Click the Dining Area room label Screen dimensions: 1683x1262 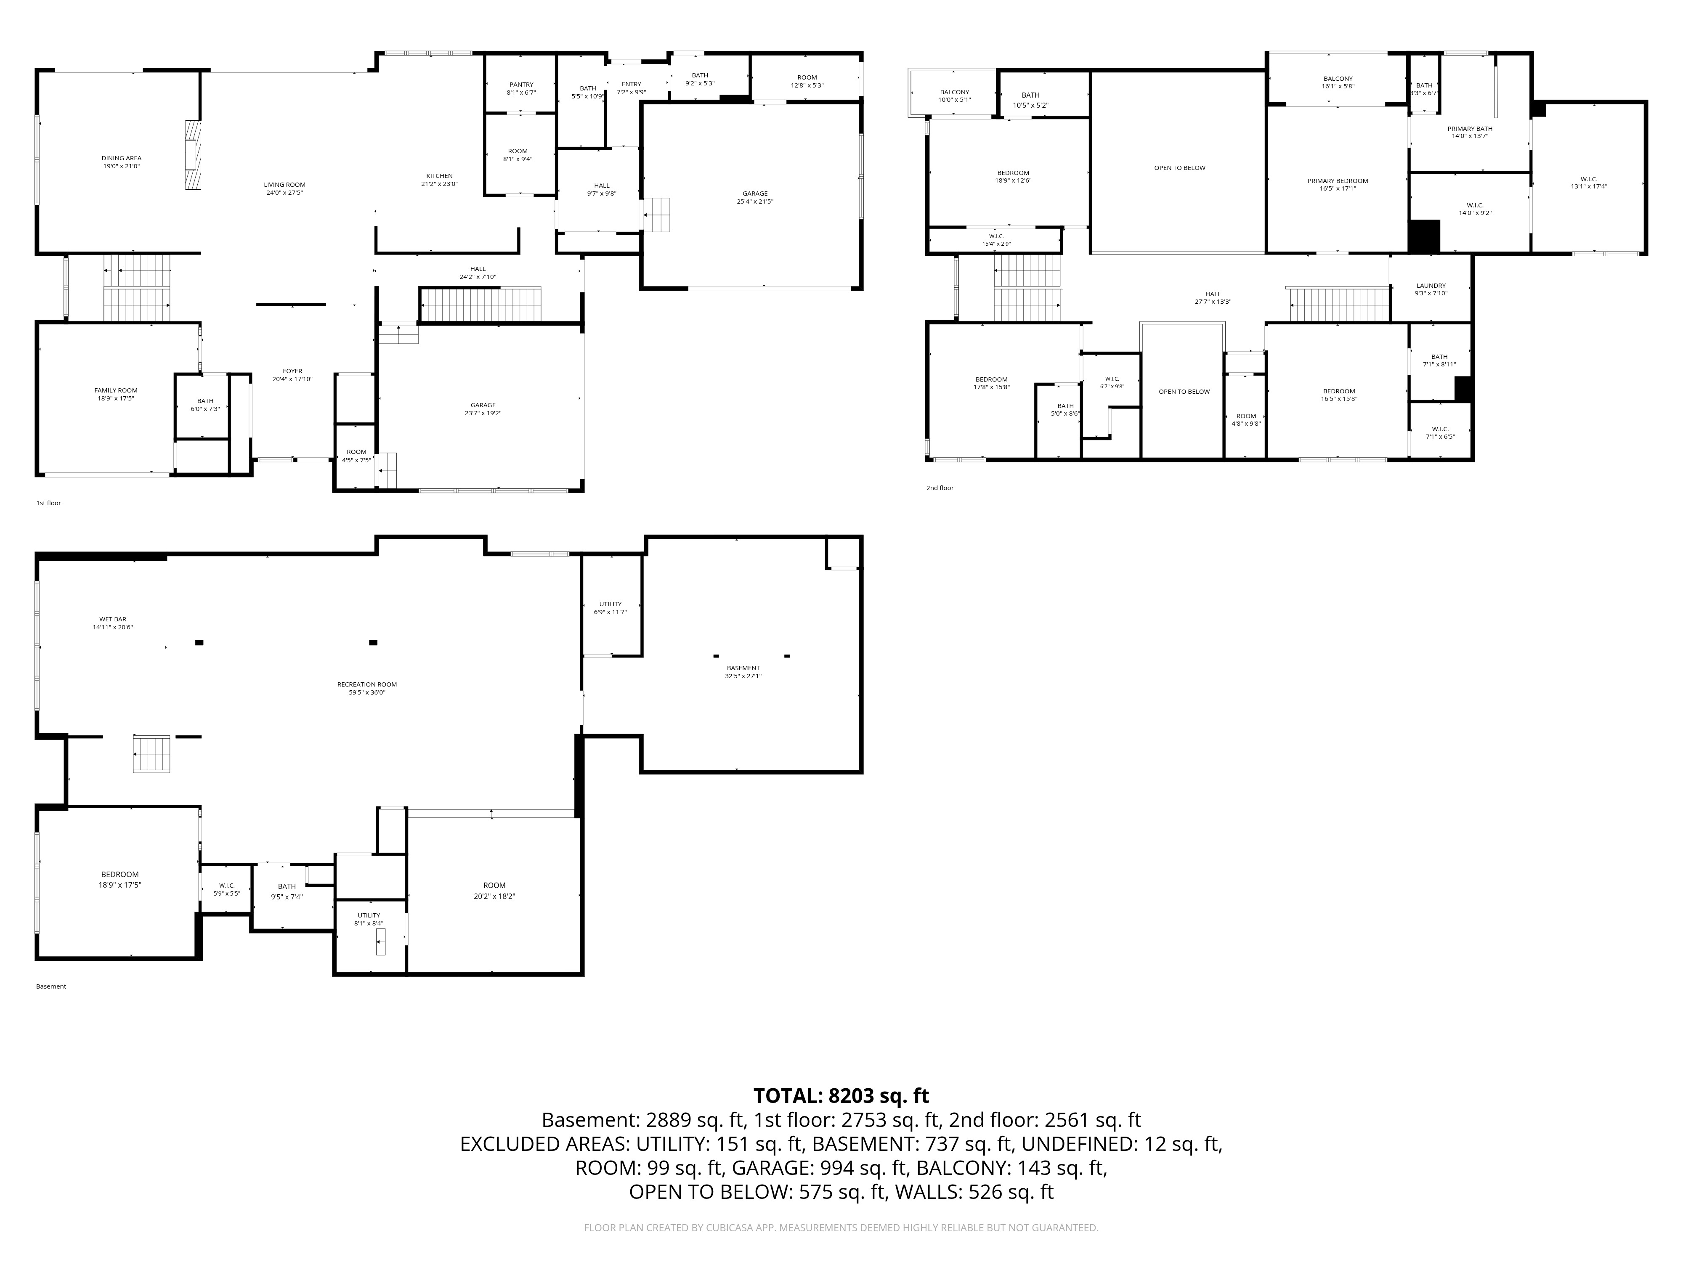click(122, 158)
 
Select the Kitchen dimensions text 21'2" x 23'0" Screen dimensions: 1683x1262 click(440, 184)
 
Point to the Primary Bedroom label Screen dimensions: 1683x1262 click(1338, 181)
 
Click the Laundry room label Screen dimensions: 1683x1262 click(1431, 286)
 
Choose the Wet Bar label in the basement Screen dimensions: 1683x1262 click(113, 619)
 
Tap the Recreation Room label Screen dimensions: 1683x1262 click(367, 684)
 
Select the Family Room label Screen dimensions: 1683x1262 click(117, 390)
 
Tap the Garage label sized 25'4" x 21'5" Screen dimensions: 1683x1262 click(756, 193)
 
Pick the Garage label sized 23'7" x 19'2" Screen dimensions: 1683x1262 click(483, 406)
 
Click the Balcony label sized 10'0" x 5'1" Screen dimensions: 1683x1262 click(955, 92)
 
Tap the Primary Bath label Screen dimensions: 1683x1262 click(1470, 129)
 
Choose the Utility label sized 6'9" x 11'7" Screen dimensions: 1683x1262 click(610, 604)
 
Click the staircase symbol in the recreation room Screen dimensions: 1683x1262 click(151, 754)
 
